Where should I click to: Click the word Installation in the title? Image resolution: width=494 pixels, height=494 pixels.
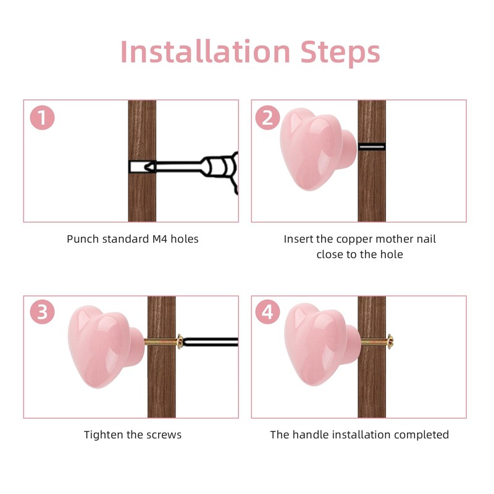pos(205,51)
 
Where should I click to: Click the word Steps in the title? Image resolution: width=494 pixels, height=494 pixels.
pos(340,53)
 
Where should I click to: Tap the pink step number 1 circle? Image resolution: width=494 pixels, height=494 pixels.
pos(42,117)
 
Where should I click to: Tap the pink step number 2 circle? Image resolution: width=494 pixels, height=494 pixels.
pos(267,117)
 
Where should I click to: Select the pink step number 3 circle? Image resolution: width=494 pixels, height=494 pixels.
pos(42,312)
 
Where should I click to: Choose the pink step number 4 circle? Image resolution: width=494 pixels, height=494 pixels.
pos(267,312)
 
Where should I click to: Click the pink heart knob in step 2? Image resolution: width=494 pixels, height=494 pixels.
pos(317,149)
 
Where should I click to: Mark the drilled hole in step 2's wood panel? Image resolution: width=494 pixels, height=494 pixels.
pos(372,146)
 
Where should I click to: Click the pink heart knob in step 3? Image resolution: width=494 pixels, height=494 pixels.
pos(106,346)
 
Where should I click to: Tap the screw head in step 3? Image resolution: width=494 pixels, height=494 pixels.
pos(180,342)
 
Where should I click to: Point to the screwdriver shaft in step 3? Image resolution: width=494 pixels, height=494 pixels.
pos(211,342)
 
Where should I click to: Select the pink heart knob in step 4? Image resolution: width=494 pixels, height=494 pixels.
pos(322,345)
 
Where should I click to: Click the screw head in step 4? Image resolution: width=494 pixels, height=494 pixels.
pos(390,341)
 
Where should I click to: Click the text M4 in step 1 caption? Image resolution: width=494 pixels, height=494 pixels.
pos(160,239)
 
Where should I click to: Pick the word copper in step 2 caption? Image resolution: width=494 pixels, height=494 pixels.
pos(354,240)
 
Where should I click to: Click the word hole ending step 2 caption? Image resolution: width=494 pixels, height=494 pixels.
pos(391,254)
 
